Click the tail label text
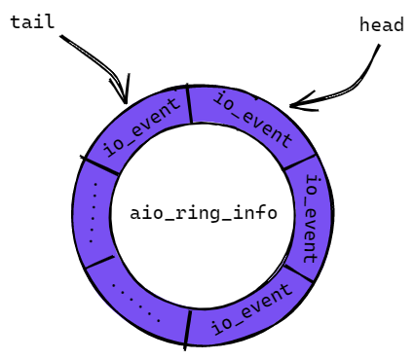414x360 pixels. coord(32,22)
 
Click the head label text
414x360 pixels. coord(382,24)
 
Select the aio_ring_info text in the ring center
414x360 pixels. coord(204,213)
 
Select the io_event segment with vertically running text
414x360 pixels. coord(309,218)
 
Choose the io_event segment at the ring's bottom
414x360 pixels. coord(250,310)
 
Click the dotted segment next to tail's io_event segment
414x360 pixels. coord(93,212)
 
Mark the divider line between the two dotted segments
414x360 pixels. coord(100,262)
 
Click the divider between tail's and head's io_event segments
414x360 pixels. coord(189,104)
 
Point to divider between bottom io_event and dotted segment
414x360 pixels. coord(188,330)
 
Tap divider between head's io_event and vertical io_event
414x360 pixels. coord(299,162)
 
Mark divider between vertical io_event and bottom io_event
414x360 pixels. coord(298,274)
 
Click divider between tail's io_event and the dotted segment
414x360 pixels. coord(99,165)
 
